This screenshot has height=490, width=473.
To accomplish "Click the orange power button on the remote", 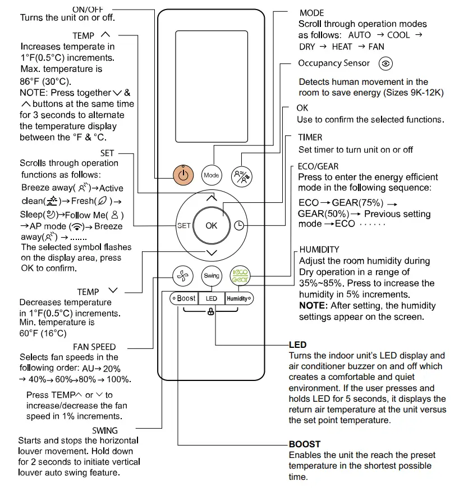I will click(182, 175).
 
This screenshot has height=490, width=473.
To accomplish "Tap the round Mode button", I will click(211, 175).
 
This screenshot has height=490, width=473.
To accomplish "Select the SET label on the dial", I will click(184, 225).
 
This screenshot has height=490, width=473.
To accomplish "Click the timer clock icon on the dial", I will click(239, 225).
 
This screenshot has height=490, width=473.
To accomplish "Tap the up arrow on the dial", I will click(211, 198).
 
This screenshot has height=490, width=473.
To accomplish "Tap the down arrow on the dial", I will click(211, 253).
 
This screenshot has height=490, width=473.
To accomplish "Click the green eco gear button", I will click(240, 276).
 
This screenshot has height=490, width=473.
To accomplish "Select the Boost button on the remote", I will click(185, 298).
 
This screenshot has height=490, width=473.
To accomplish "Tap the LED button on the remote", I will click(212, 298).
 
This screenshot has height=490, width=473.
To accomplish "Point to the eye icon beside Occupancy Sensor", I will click(385, 63).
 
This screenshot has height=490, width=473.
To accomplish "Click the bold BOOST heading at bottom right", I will click(305, 444).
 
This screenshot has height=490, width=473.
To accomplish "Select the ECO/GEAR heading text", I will click(318, 166).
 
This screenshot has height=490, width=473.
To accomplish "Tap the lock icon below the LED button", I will click(211, 312).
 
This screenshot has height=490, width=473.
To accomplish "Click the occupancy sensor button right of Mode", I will click(240, 175).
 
